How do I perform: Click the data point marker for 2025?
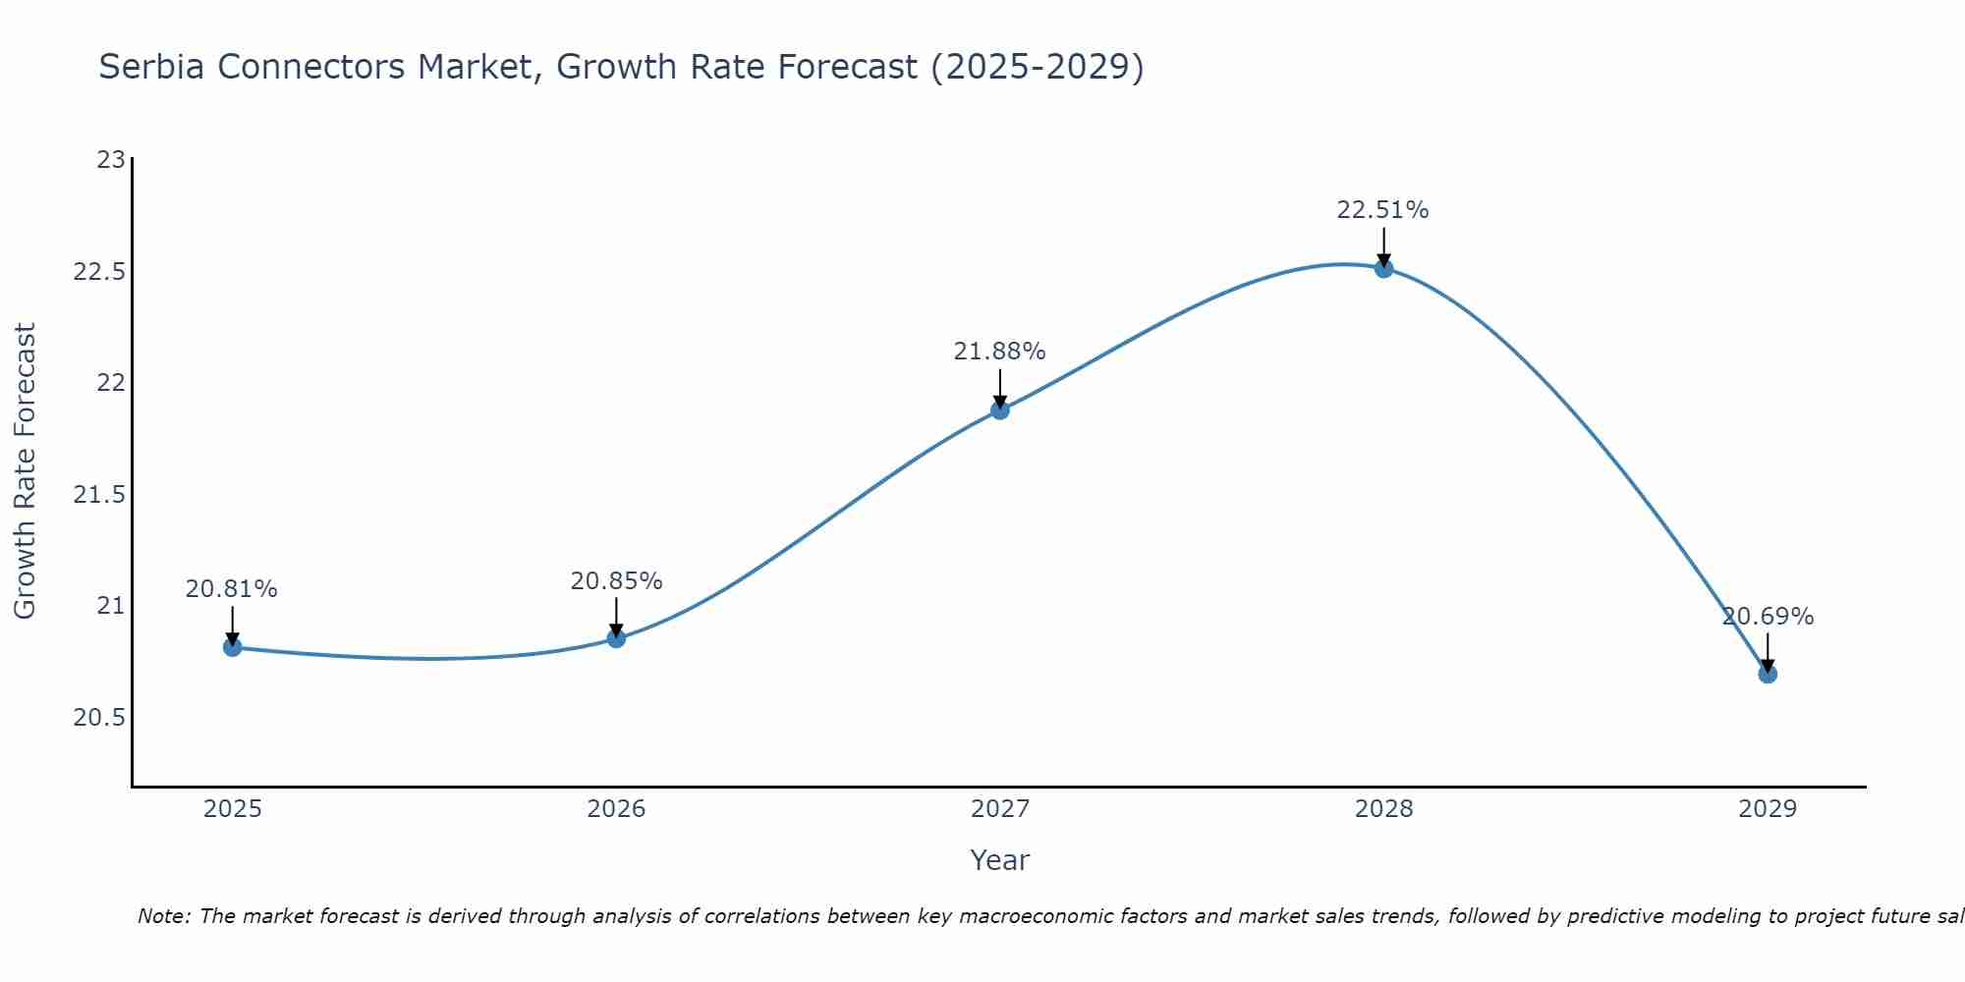(x=233, y=647)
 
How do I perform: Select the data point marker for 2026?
(x=616, y=638)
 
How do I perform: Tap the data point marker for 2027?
(x=1000, y=409)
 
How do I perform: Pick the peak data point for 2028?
(x=1383, y=268)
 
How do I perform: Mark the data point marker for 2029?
(x=1768, y=674)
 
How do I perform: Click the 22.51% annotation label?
(x=1382, y=210)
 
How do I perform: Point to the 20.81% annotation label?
(x=232, y=589)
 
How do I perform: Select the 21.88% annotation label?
(x=999, y=352)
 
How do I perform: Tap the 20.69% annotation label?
(x=1768, y=617)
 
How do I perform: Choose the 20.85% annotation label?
(x=616, y=581)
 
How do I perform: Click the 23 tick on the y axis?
(x=111, y=159)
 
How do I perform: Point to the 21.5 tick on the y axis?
(x=99, y=494)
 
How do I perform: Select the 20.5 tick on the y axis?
(x=99, y=718)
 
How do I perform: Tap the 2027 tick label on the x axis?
(x=1000, y=809)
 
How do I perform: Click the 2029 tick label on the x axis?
(x=1768, y=809)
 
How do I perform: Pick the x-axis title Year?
(x=999, y=860)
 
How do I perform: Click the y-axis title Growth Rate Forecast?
(x=25, y=471)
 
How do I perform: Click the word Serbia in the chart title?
(x=153, y=67)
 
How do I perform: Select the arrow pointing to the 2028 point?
(x=1383, y=246)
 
